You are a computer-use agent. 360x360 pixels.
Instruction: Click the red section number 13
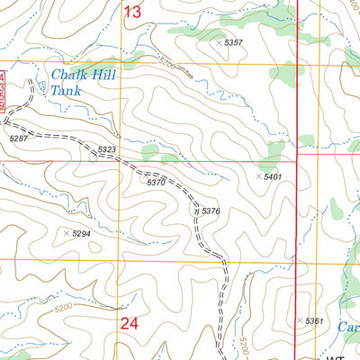click(132, 12)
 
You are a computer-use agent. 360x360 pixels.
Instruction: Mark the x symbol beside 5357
click(219, 42)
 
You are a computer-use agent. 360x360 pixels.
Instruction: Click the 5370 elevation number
click(156, 182)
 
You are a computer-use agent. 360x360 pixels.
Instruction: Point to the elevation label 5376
click(211, 211)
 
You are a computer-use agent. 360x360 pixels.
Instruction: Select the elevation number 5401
click(274, 176)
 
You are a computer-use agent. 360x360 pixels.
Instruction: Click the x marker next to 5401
click(259, 176)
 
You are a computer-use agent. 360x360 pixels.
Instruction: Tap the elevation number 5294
click(82, 233)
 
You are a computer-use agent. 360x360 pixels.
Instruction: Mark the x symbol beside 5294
click(67, 233)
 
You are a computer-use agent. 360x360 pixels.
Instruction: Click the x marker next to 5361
click(299, 320)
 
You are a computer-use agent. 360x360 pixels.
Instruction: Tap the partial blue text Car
click(349, 328)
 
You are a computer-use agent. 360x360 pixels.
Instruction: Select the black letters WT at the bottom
click(335, 356)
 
